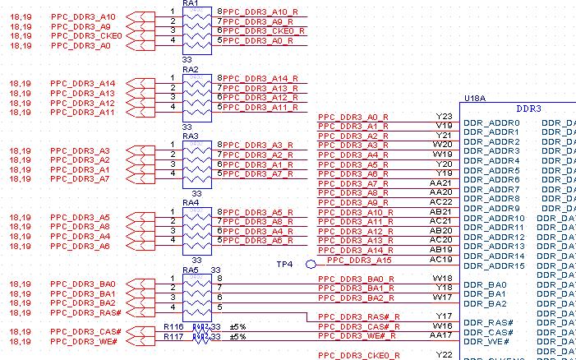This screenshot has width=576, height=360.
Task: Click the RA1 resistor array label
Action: (x=191, y=3)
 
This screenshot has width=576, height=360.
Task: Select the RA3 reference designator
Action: (x=191, y=136)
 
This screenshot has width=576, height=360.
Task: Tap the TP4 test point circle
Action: (x=311, y=265)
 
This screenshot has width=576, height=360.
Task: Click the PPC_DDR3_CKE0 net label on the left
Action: (x=86, y=36)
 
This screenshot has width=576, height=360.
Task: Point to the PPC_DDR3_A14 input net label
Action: (x=83, y=84)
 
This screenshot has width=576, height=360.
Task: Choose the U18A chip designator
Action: (x=475, y=98)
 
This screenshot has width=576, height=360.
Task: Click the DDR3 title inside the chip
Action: (x=528, y=108)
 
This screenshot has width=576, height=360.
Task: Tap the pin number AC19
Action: (x=442, y=259)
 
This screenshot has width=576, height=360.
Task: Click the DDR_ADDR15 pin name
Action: (x=494, y=265)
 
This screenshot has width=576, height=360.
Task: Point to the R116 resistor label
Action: (x=173, y=327)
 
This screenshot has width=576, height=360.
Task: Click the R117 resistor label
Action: (x=173, y=336)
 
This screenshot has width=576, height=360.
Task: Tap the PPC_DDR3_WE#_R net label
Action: (x=359, y=335)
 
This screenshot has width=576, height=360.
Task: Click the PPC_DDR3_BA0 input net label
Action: (x=83, y=284)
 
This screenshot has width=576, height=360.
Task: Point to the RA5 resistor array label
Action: (x=191, y=270)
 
